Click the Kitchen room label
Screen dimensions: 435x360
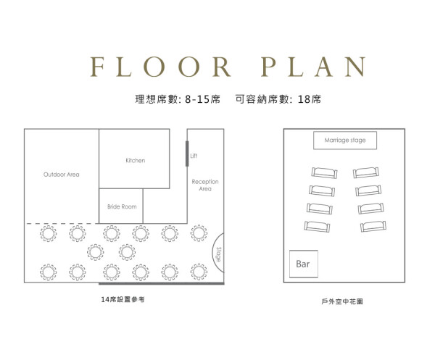click(x=136, y=161)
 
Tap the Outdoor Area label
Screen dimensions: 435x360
click(x=62, y=175)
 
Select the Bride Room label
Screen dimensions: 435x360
click(x=122, y=206)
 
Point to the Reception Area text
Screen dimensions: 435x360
click(x=205, y=185)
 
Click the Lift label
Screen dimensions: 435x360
click(x=194, y=156)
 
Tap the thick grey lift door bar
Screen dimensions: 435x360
click(x=187, y=154)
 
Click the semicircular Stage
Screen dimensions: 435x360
click(x=218, y=253)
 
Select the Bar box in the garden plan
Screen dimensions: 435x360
click(x=304, y=264)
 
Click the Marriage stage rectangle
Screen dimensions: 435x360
click(x=345, y=141)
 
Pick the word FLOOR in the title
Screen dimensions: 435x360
click(x=160, y=67)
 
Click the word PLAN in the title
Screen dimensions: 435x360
click(x=313, y=67)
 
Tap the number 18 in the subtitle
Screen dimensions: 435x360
click(x=304, y=99)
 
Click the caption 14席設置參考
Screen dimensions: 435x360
click(x=123, y=299)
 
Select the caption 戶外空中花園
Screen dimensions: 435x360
click(x=342, y=301)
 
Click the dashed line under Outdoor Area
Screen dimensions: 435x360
click(x=62, y=223)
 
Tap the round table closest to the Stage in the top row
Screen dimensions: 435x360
click(x=199, y=233)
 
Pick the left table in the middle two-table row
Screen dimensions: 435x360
click(x=96, y=252)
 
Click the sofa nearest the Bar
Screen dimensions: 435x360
click(x=317, y=227)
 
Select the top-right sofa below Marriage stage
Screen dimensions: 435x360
click(x=366, y=172)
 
